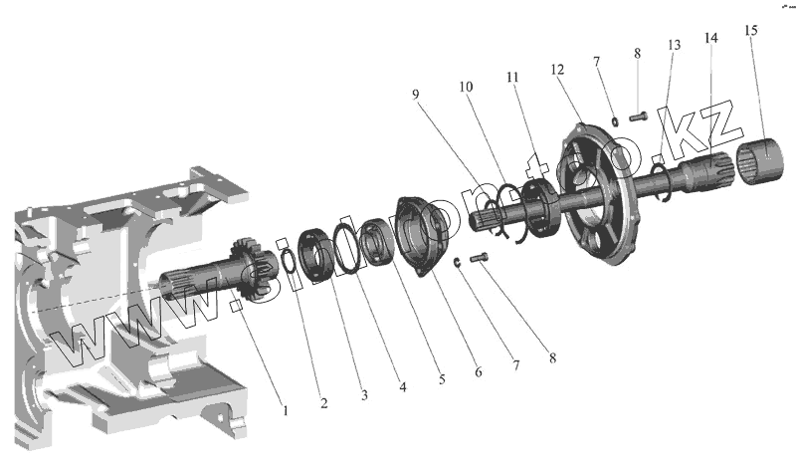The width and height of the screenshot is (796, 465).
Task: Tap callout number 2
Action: tap(323, 403)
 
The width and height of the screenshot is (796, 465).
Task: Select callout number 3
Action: tap(363, 396)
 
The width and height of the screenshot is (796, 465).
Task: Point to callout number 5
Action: tap(443, 379)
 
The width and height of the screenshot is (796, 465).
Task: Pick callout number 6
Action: tap(478, 371)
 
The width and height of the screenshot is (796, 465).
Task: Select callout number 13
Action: tap(675, 47)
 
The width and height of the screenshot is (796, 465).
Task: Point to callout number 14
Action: tap(709, 38)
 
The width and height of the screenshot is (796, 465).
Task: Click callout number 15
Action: tap(749, 30)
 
